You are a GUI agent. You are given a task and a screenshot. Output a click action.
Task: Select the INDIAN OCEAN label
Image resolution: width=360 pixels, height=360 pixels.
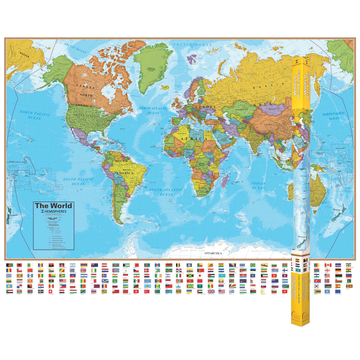pos(258,185)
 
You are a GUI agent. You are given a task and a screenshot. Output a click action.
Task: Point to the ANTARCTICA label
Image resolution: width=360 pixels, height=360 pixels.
pos(214,254)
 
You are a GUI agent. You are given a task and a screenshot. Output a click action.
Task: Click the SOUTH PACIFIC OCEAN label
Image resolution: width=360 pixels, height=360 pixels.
pos(74,181)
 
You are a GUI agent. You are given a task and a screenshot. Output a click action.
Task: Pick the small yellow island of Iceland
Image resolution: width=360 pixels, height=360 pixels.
pos(176,80)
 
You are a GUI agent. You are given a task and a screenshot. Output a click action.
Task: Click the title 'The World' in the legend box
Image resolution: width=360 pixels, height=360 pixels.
pos(54,206)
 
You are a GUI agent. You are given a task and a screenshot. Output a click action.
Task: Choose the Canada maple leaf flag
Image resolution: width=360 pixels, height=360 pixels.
pos(327,265)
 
